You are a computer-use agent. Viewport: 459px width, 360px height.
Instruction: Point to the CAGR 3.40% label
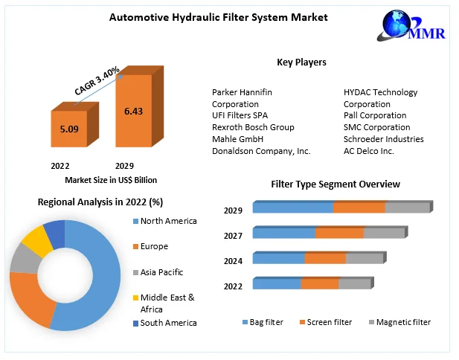(97, 80)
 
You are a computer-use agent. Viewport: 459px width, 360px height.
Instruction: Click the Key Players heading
(301, 62)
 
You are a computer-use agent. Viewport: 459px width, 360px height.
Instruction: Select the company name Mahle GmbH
(237, 139)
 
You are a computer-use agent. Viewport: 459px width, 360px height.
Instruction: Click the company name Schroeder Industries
(383, 139)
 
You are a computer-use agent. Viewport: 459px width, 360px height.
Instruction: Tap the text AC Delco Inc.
(370, 151)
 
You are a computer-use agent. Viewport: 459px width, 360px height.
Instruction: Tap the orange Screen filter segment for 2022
(320, 284)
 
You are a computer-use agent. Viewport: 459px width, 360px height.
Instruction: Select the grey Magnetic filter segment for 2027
(384, 234)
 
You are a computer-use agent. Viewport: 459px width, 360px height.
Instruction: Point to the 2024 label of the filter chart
(233, 261)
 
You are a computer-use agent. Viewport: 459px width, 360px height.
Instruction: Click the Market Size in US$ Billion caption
(111, 180)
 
